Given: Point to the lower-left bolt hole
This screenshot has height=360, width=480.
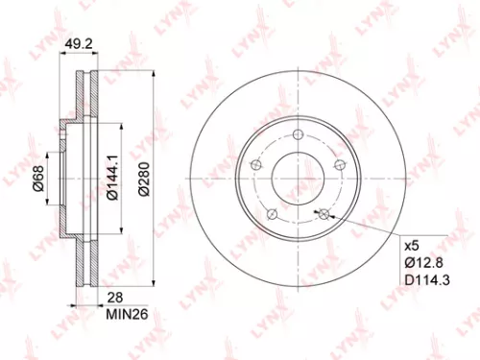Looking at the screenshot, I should click(273, 213).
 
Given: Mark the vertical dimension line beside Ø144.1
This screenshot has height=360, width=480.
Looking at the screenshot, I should click(122, 179).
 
